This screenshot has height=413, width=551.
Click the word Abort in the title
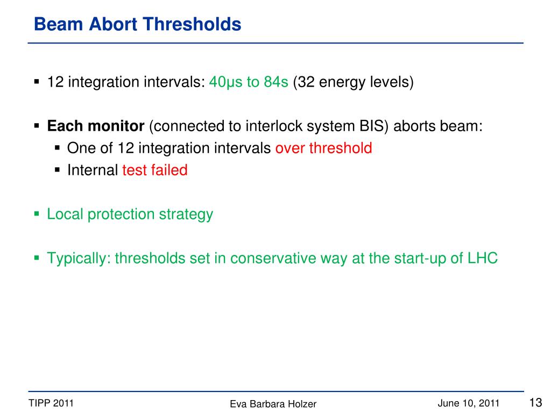[113, 24]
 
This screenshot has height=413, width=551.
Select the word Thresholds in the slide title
[192, 24]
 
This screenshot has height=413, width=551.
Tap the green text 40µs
[225, 82]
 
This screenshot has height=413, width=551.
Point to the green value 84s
[276, 82]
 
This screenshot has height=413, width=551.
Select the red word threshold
[341, 148]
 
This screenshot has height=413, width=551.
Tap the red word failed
[169, 170]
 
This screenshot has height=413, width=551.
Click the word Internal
[93, 170]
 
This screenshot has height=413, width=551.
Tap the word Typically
[79, 259]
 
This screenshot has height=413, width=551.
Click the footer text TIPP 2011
[51, 403]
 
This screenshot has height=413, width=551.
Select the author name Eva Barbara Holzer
[273, 404]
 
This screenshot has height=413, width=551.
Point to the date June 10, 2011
[469, 403]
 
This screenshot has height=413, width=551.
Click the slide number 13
[535, 402]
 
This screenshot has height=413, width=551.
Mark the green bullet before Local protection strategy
[37, 213]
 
